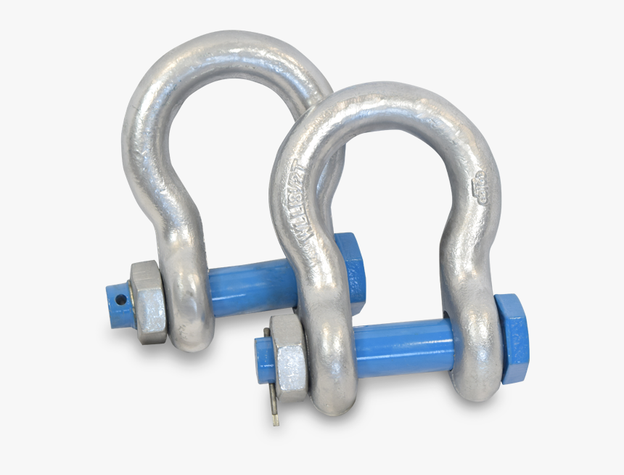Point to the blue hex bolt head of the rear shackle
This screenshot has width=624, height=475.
coord(351,272)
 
